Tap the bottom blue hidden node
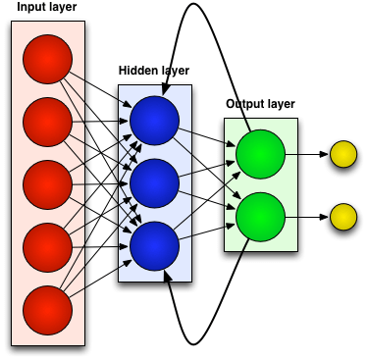(155, 244)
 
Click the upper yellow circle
(342, 153)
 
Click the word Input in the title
(32, 8)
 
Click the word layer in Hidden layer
(174, 71)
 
